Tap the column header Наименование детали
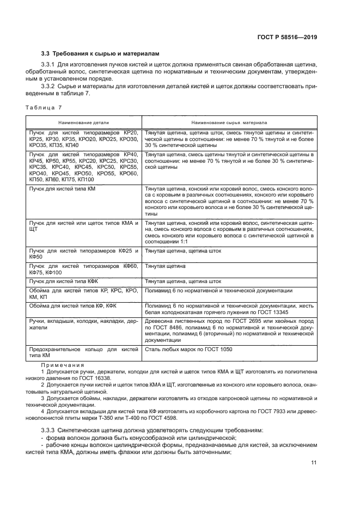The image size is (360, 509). tap(83, 122)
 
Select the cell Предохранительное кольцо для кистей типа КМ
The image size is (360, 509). tap(83, 352)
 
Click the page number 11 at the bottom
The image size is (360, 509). tap(314, 462)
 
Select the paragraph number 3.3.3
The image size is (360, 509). tap(50, 430)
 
